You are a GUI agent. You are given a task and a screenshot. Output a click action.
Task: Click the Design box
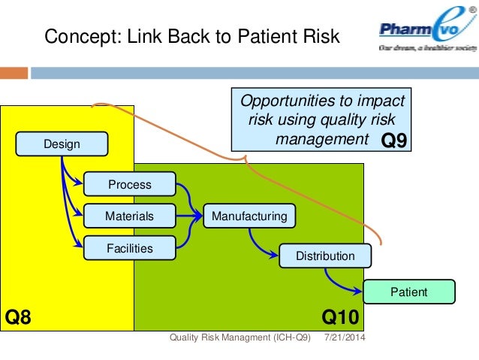tap(62, 143)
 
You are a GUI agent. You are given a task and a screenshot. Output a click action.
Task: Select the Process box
tap(129, 184)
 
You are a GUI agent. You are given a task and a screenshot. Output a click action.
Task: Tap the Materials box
tap(129, 216)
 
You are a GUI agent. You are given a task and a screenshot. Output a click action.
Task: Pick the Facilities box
tap(129, 248)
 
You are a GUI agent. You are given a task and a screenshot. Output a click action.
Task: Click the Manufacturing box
tap(249, 216)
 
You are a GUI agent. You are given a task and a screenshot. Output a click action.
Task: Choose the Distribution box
tap(325, 256)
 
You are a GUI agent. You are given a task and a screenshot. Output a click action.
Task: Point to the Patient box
tap(409, 292)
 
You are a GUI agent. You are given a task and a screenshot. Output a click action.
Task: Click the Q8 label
tap(19, 317)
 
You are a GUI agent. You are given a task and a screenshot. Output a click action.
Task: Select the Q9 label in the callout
tap(394, 141)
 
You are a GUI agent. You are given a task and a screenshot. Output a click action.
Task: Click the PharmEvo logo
tap(423, 33)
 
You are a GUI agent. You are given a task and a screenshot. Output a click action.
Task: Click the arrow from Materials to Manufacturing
tap(188, 216)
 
